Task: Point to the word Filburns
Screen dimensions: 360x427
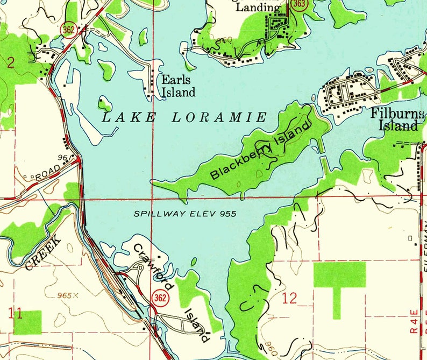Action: tap(394, 114)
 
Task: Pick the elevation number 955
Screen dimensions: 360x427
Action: tap(227, 214)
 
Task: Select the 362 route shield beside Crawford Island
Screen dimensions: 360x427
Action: tap(159, 298)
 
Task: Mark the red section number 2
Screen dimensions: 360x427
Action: tap(10, 63)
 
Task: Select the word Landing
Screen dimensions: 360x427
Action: tap(258, 8)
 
